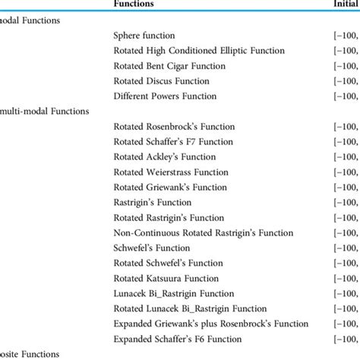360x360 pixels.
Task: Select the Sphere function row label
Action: point(144,36)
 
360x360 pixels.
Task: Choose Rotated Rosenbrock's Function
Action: point(174,127)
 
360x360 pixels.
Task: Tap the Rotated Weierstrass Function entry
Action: point(172,172)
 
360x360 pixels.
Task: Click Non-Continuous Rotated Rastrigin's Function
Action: point(203,233)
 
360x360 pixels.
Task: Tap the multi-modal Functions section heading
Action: point(46,111)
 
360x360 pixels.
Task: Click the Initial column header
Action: point(344,4)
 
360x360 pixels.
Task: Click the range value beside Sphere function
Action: point(343,36)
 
